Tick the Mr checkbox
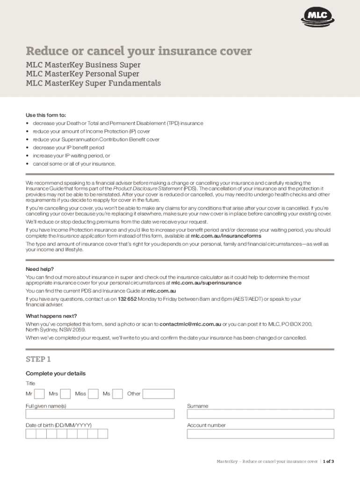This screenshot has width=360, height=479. [40, 394]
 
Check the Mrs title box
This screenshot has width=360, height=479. [65, 394]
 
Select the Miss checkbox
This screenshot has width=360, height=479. [94, 394]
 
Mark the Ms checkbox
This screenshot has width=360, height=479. [118, 394]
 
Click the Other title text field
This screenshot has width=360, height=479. [158, 394]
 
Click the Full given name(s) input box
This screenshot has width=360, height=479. [100, 414]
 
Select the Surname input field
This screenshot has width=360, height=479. [260, 414]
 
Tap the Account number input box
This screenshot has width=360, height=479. [260, 434]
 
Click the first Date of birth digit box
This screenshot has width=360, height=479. [31, 434]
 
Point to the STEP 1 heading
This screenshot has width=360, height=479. [38, 359]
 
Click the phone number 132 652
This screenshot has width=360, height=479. [127, 299]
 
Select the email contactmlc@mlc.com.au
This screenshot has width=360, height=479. [190, 324]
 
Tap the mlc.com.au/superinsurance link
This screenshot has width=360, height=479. [206, 283]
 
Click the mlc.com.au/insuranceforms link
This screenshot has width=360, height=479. [226, 236]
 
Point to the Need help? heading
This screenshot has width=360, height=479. [40, 269]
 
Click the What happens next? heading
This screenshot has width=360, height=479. [51, 316]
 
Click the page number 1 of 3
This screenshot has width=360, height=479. [328, 461]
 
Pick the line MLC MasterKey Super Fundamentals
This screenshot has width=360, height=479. [93, 83]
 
